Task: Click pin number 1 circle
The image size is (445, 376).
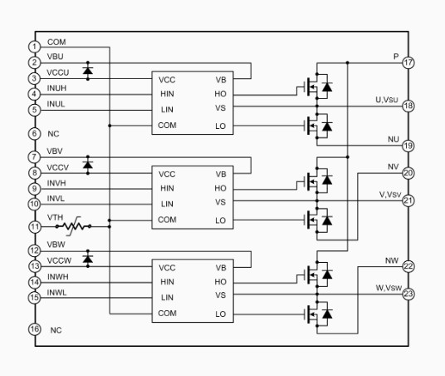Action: point(35,47)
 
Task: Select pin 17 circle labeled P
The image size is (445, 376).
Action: point(408,62)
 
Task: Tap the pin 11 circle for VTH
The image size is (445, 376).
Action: point(35,227)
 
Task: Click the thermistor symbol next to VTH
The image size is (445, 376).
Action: point(73,226)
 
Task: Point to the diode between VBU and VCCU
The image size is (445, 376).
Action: point(88,70)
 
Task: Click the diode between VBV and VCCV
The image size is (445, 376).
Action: point(88,165)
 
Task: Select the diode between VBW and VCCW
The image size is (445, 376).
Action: point(88,259)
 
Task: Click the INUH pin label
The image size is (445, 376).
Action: point(56,88)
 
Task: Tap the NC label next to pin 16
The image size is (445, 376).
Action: point(56,330)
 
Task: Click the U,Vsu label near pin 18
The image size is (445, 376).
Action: point(387,100)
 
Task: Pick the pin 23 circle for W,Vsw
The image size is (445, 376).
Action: point(408,294)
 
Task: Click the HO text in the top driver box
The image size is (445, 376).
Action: point(220,94)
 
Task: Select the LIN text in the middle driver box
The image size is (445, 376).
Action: point(167,204)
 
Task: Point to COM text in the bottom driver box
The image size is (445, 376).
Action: point(167,313)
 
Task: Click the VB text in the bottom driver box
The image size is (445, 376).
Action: point(221,268)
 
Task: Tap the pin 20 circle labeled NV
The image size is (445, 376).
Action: point(408,173)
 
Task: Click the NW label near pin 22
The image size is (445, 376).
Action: point(392,260)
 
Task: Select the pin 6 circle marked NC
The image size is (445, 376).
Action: point(35,133)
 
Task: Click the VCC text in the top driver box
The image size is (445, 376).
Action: point(167,80)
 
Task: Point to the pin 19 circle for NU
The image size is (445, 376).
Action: point(408,146)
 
